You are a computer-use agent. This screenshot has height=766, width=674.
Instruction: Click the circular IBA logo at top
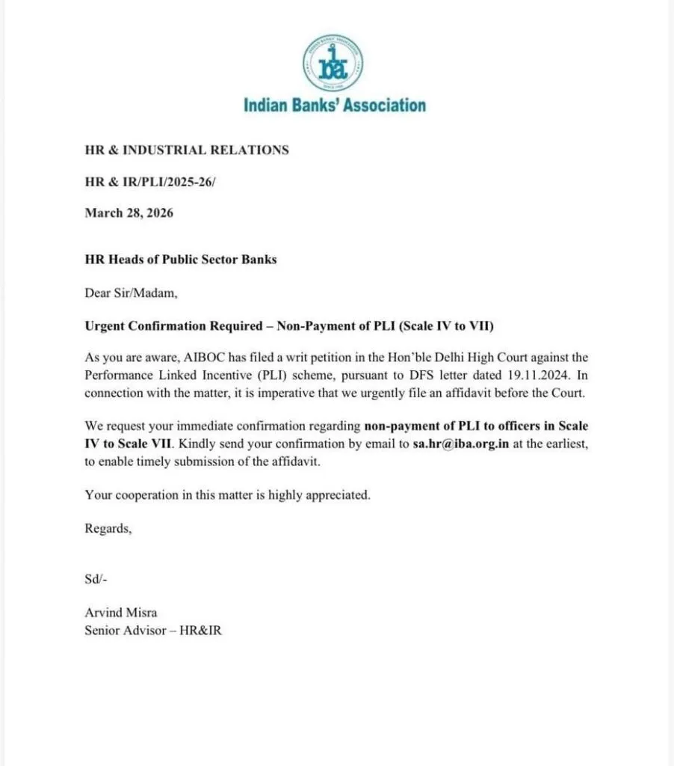tap(333, 63)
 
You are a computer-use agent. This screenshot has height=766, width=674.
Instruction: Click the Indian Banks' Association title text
tap(334, 105)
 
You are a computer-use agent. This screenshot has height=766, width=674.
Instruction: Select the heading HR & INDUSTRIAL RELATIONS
tap(186, 150)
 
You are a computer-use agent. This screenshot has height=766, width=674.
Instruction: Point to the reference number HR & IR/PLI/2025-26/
tap(149, 182)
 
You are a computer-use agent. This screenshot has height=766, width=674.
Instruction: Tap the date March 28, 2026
tap(129, 213)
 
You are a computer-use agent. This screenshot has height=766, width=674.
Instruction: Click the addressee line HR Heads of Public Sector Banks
tap(180, 260)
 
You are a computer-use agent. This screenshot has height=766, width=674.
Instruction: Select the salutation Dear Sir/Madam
tap(131, 293)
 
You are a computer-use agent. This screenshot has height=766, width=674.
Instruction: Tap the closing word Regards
tap(108, 528)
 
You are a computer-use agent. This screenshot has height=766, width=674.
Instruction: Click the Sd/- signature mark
tap(97, 578)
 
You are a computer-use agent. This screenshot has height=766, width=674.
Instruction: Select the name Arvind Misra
tap(120, 613)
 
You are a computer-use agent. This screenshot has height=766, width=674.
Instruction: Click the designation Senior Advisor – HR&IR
tap(153, 630)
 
